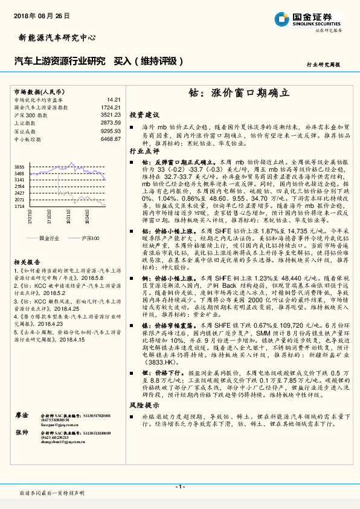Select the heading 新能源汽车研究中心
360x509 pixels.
point(54,37)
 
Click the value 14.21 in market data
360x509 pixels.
point(114,99)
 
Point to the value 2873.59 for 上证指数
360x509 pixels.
point(112,122)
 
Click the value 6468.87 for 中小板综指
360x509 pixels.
point(112,138)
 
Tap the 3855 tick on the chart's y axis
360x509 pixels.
point(19,167)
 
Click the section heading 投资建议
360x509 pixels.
point(144,114)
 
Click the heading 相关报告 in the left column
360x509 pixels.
point(26,262)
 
